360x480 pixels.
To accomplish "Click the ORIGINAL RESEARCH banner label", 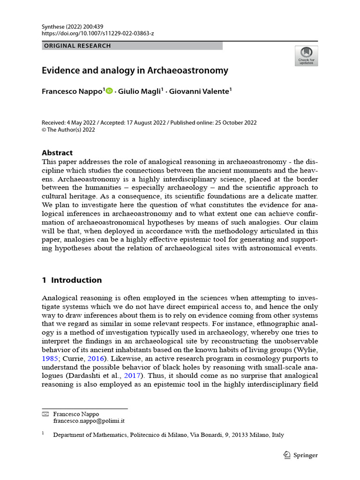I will click(77, 46).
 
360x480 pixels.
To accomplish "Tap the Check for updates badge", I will click(306, 56).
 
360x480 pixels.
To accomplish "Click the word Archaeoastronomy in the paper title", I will click(188, 71).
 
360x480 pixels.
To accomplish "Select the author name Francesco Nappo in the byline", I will click(72, 91).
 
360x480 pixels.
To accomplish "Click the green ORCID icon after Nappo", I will click(109, 91).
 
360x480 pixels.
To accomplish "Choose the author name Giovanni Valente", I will click(201, 91).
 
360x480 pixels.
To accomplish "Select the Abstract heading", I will click(57, 153).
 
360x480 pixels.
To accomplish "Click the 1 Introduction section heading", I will click(72, 280).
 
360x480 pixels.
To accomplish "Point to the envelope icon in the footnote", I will click(45, 414).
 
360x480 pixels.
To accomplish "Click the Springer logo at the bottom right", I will click(301, 455).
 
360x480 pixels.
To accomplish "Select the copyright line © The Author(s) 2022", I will click(68, 130).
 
